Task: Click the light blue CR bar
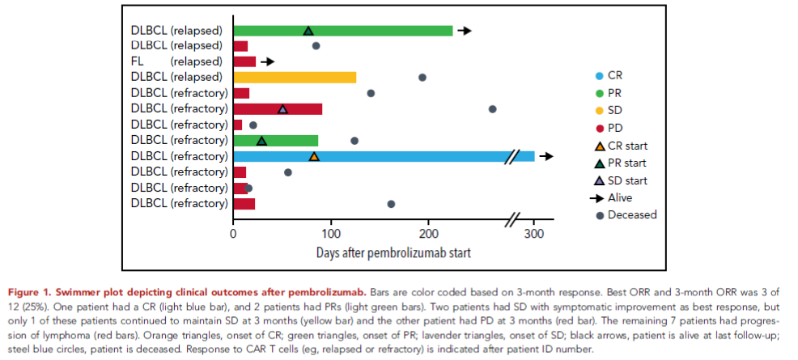click(380, 156)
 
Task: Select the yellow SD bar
click(295, 77)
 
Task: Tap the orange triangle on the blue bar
click(314, 156)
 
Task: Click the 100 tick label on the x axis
click(331, 235)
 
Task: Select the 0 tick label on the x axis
click(233, 235)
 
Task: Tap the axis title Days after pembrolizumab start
click(393, 252)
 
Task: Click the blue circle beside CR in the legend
click(600, 75)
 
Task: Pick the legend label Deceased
click(632, 215)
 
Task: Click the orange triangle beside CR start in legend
click(600, 146)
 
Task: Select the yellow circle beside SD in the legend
click(600, 110)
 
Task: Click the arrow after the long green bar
click(465, 30)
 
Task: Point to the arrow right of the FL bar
click(268, 61)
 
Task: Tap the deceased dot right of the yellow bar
click(422, 77)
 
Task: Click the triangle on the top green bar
click(308, 31)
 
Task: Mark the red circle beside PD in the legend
click(600, 128)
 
